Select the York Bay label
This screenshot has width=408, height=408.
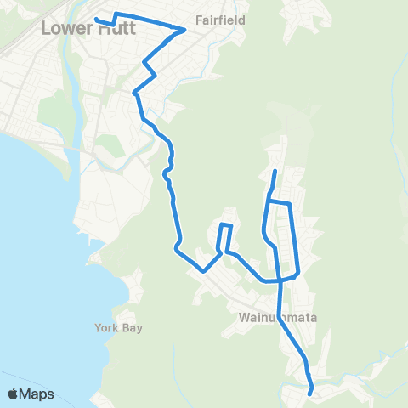118,328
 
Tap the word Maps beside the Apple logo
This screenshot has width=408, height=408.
37,394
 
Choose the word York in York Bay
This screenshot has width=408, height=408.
107,328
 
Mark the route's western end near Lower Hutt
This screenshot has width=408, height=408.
95,19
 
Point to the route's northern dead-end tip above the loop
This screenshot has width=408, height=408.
275,172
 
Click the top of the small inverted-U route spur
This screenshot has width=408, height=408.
226,224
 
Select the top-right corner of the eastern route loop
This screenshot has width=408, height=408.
290,204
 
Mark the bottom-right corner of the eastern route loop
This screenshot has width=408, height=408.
297,274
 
